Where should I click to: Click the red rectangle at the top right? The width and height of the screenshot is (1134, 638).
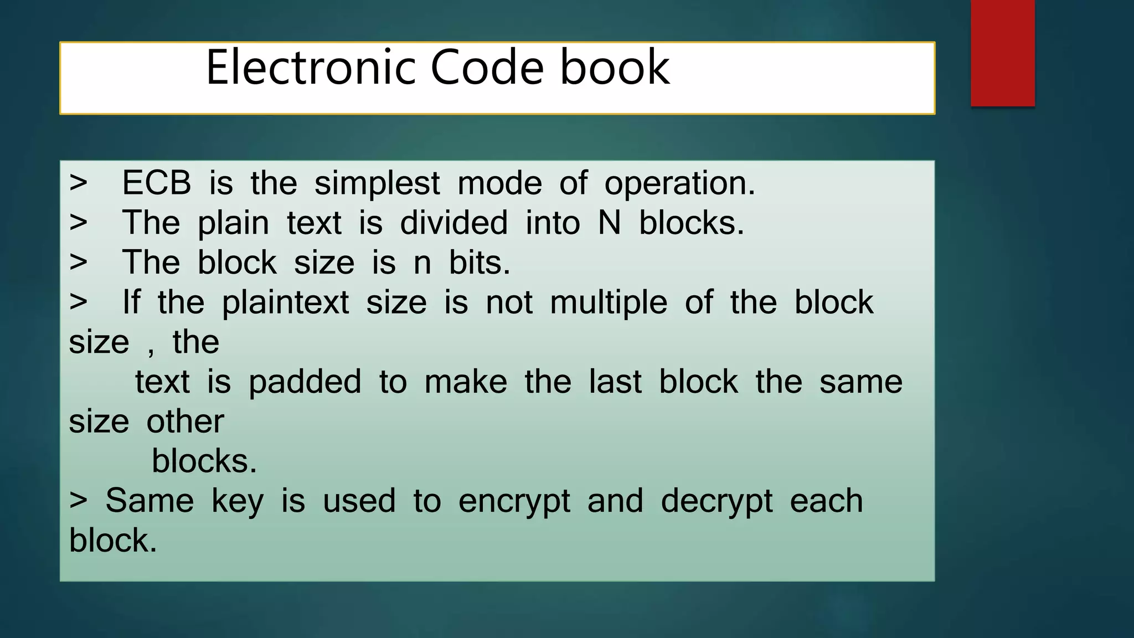pyautogui.click(x=1002, y=53)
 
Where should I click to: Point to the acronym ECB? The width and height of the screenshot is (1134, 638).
pyautogui.click(x=157, y=183)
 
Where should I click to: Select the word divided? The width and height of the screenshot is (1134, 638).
pyautogui.click(x=453, y=223)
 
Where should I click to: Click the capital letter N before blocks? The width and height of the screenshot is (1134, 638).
pyautogui.click(x=610, y=223)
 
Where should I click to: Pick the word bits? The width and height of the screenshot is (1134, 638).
pyautogui.click(x=479, y=263)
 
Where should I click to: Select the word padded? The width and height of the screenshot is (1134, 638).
pyautogui.click(x=305, y=383)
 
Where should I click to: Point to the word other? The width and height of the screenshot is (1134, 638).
pyautogui.click(x=185, y=422)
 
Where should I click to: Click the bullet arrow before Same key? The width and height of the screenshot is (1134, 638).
pyautogui.click(x=79, y=501)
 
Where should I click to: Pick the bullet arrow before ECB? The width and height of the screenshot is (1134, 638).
pyautogui.click(x=79, y=183)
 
